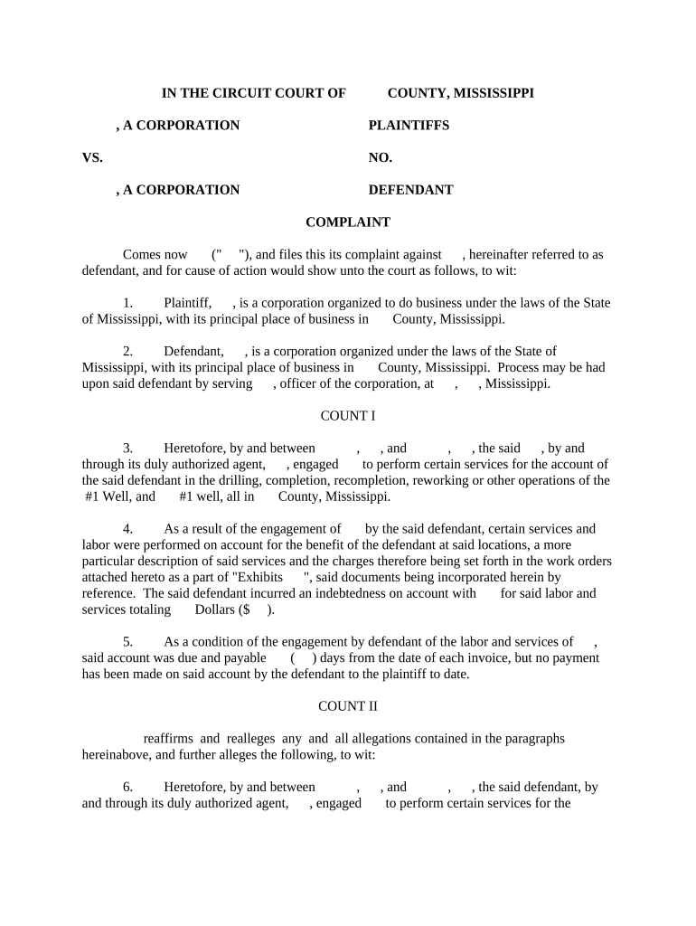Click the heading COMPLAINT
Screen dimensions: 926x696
(347, 222)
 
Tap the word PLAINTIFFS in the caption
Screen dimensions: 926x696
(409, 126)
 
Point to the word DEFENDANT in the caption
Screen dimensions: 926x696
(410, 191)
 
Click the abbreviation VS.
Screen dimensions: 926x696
(92, 158)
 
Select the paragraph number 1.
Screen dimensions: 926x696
(127, 303)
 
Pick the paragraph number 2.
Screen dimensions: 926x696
(127, 351)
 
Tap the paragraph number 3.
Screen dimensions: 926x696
(127, 449)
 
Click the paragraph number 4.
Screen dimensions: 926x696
(127, 529)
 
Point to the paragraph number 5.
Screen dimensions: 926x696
(127, 642)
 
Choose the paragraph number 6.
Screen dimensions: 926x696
(127, 788)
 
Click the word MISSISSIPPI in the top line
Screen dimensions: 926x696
(494, 93)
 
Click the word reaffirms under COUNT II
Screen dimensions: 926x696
(169, 739)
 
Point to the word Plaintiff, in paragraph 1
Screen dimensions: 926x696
(187, 303)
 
